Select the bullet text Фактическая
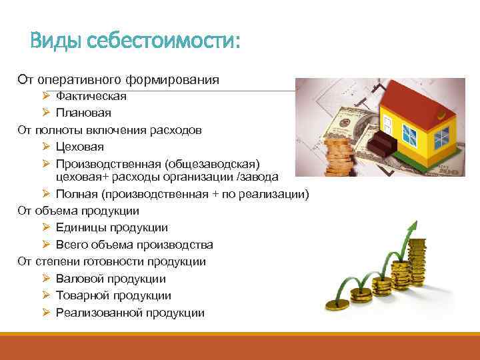[91, 97]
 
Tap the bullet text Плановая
[83, 113]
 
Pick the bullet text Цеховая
[80, 146]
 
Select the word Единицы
[79, 227]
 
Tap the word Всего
[72, 244]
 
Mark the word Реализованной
[96, 312]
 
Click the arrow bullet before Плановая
[45, 113]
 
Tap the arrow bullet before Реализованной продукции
[45, 312]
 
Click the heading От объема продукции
[78, 211]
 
